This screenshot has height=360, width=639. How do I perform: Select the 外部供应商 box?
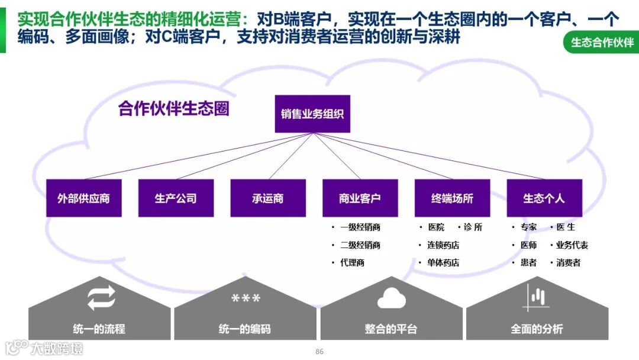coord(83,198)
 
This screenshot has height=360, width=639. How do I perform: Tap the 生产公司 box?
coord(176,198)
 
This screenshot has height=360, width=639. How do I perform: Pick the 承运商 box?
coord(268,198)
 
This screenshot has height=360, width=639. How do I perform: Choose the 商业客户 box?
coord(360,198)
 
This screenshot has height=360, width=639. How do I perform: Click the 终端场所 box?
coord(452,198)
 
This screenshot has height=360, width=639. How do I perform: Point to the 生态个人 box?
coord(544,198)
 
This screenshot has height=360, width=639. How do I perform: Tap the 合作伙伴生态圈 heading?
coord(173,110)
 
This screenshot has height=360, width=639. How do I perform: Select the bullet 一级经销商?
coord(360,227)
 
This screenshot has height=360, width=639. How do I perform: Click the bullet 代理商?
coord(352,263)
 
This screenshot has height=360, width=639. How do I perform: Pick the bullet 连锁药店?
coord(443,245)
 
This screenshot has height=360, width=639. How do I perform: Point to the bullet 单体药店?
coord(443,263)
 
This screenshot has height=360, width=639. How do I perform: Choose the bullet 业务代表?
coord(572,245)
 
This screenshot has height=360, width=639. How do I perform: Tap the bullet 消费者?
coord(568,263)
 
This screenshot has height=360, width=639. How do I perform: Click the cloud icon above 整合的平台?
coord(391,298)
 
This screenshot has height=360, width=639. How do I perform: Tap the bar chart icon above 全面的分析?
coord(536,297)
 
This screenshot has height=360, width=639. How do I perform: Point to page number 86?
coord(319,352)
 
